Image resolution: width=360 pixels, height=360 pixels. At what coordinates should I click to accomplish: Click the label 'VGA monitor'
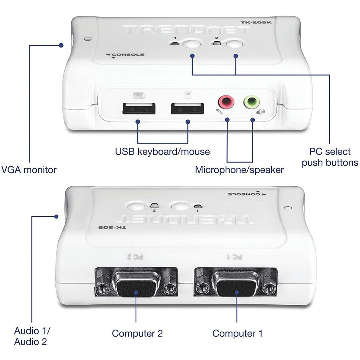click(29, 170)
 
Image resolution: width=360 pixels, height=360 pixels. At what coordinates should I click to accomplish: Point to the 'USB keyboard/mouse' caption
click(162, 152)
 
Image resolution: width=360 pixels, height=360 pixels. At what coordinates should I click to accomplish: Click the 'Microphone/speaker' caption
click(239, 170)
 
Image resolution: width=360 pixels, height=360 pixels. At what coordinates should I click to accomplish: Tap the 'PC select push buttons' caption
click(330, 157)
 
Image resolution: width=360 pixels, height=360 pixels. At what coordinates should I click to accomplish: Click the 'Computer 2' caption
click(137, 333)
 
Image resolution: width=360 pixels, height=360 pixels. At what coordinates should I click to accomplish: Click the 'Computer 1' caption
click(238, 333)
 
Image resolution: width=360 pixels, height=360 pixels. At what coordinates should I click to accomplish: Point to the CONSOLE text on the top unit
click(127, 54)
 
